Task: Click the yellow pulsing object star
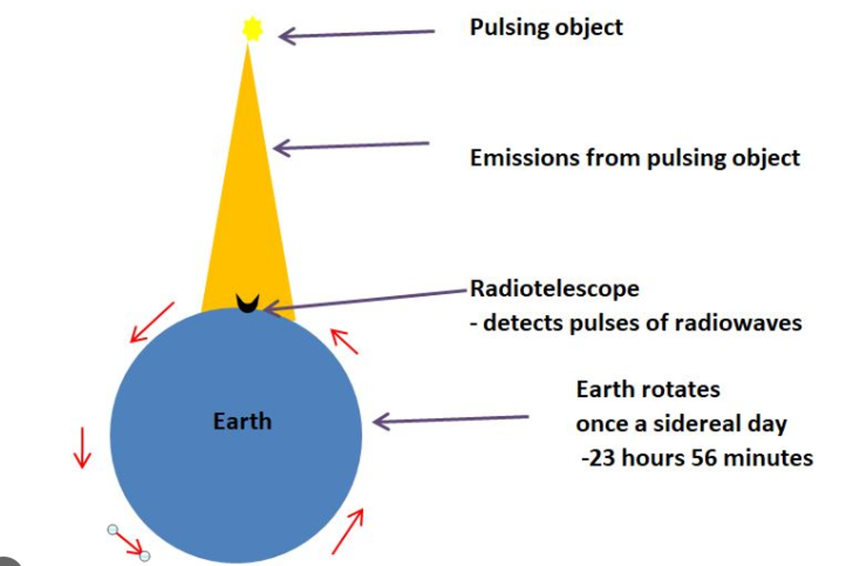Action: (252, 29)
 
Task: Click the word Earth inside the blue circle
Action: (243, 421)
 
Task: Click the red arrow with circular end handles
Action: (129, 543)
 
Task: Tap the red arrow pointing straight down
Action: (82, 448)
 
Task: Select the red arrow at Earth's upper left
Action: (152, 322)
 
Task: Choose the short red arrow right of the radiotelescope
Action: (344, 341)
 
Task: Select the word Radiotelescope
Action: (555, 288)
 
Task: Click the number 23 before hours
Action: (602, 458)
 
